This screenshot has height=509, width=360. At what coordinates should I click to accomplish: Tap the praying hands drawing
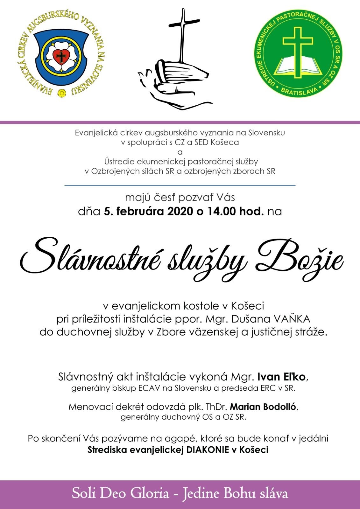[x=173, y=81]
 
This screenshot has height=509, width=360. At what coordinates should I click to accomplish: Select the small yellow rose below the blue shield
[x=62, y=93]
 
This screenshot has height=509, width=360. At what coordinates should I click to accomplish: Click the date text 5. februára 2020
[x=148, y=211]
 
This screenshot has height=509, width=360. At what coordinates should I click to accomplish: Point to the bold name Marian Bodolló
[x=263, y=407]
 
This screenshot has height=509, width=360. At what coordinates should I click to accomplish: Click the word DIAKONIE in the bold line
[x=208, y=450]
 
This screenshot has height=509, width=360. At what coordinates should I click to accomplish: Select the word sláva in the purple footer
[x=273, y=493]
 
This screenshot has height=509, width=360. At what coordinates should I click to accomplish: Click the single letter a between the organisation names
[x=180, y=152]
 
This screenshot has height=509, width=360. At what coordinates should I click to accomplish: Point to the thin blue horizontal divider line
[x=180, y=185]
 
